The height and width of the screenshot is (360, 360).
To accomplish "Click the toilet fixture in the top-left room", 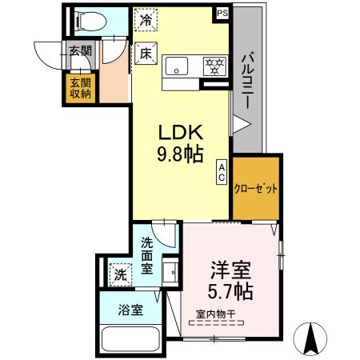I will (86, 21).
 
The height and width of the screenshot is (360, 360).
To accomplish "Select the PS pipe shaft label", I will (222, 13).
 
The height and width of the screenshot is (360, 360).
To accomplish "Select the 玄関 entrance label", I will (78, 51).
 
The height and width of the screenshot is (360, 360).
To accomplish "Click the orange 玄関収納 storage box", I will (79, 88).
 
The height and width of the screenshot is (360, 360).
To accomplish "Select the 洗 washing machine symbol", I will (118, 273).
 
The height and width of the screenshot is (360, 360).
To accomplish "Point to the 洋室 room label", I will (232, 270).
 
